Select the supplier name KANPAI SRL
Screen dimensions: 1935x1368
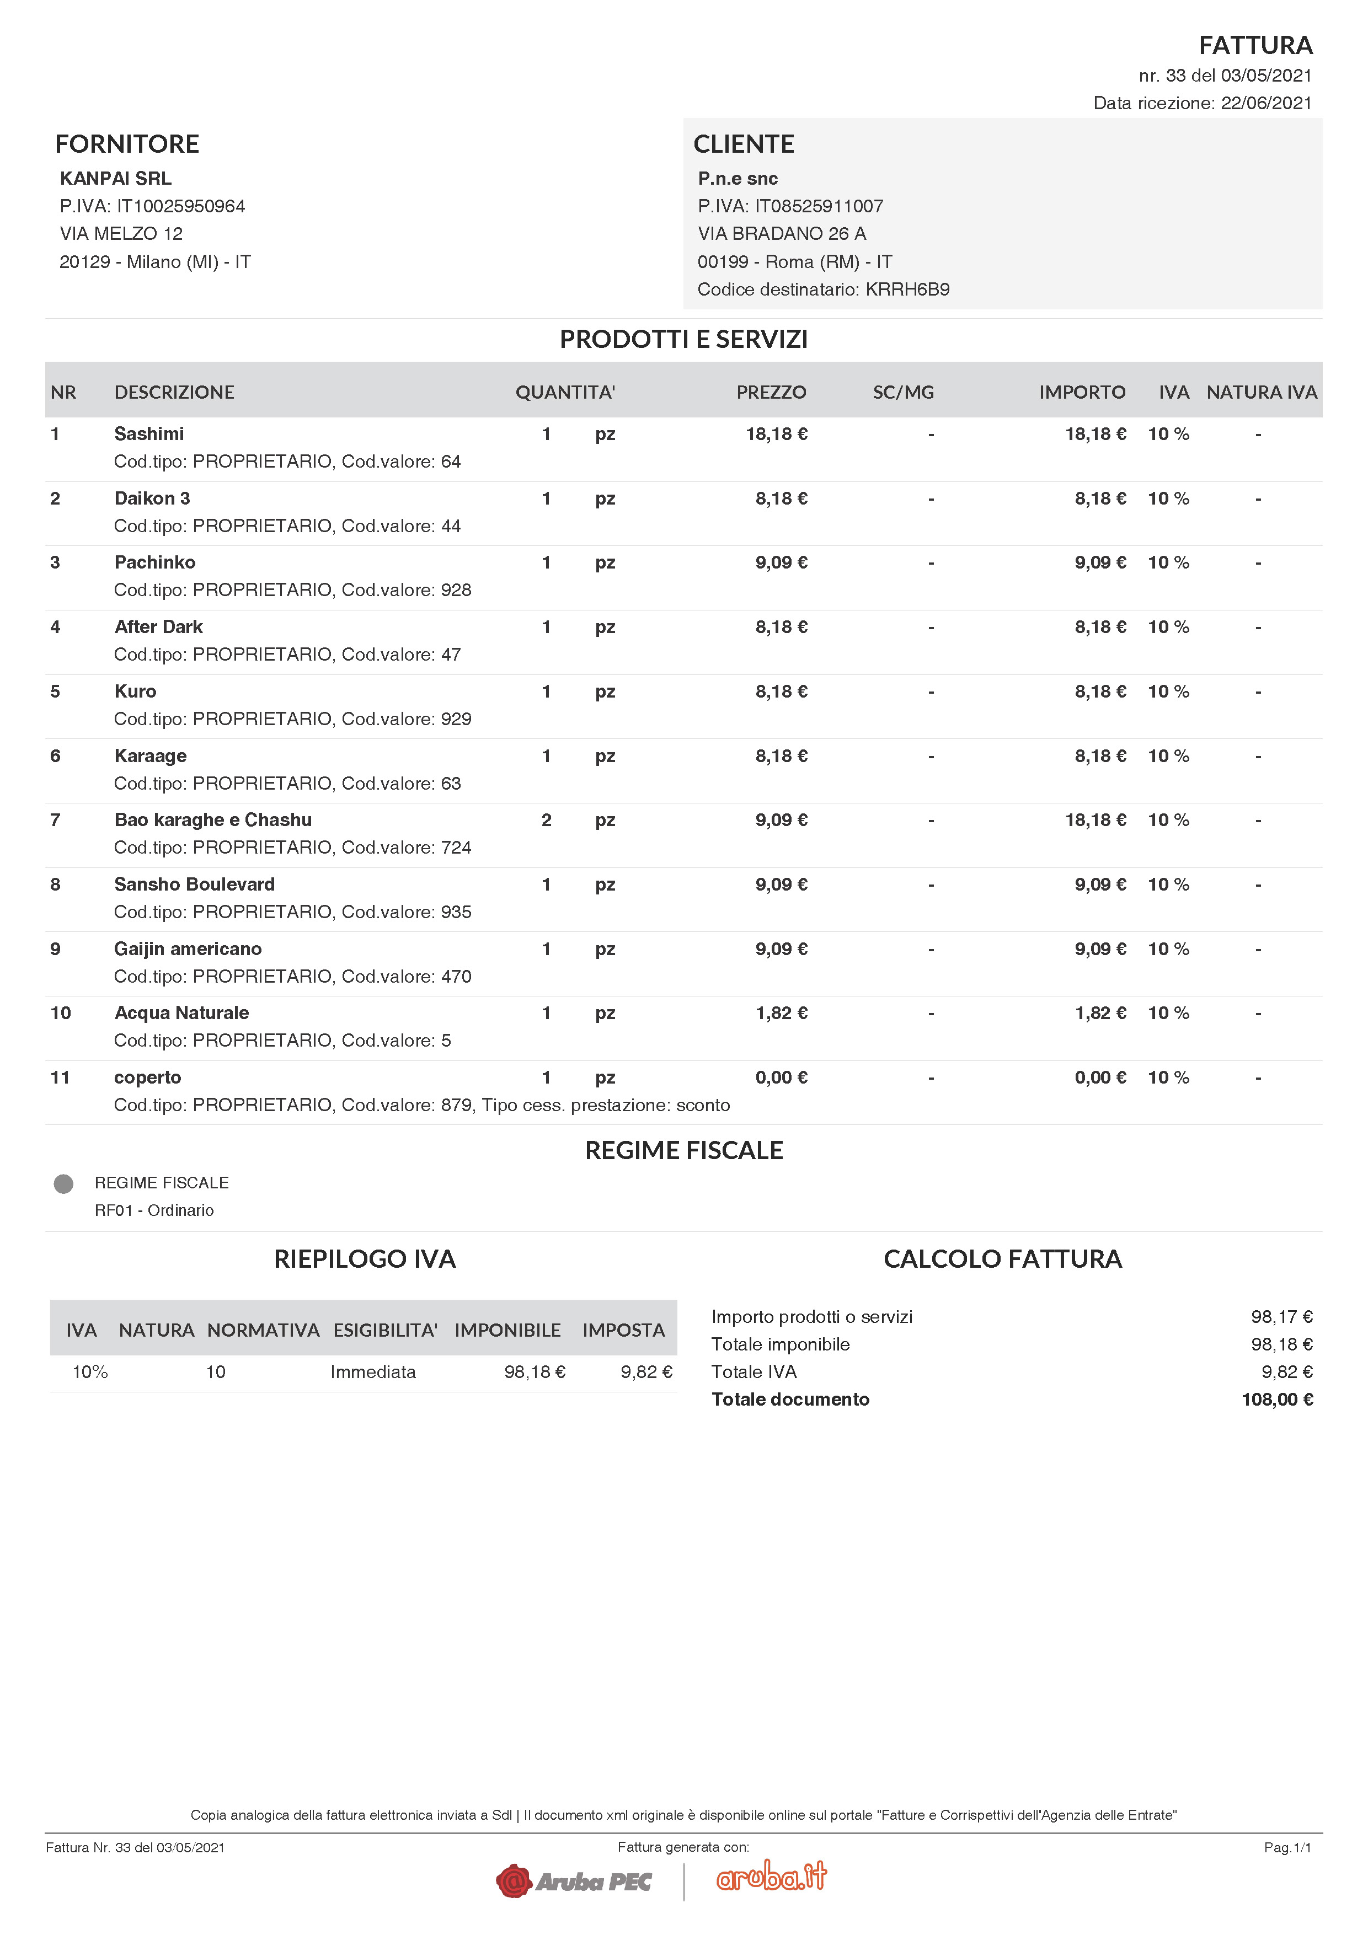pos(115,179)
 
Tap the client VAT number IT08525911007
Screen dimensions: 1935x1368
pos(819,206)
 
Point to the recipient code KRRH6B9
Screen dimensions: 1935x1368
pos(907,290)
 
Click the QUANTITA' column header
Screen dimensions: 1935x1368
pos(565,392)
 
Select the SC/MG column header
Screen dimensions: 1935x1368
pos(903,392)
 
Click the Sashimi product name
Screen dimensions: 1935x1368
pos(149,434)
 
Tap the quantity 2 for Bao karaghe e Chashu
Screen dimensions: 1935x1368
pos(546,820)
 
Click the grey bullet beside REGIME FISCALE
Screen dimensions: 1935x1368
pos(63,1184)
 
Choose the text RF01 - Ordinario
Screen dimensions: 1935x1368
pos(154,1210)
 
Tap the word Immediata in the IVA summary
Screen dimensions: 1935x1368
pos(372,1372)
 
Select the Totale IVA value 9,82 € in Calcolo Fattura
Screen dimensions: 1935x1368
pos(1286,1372)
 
